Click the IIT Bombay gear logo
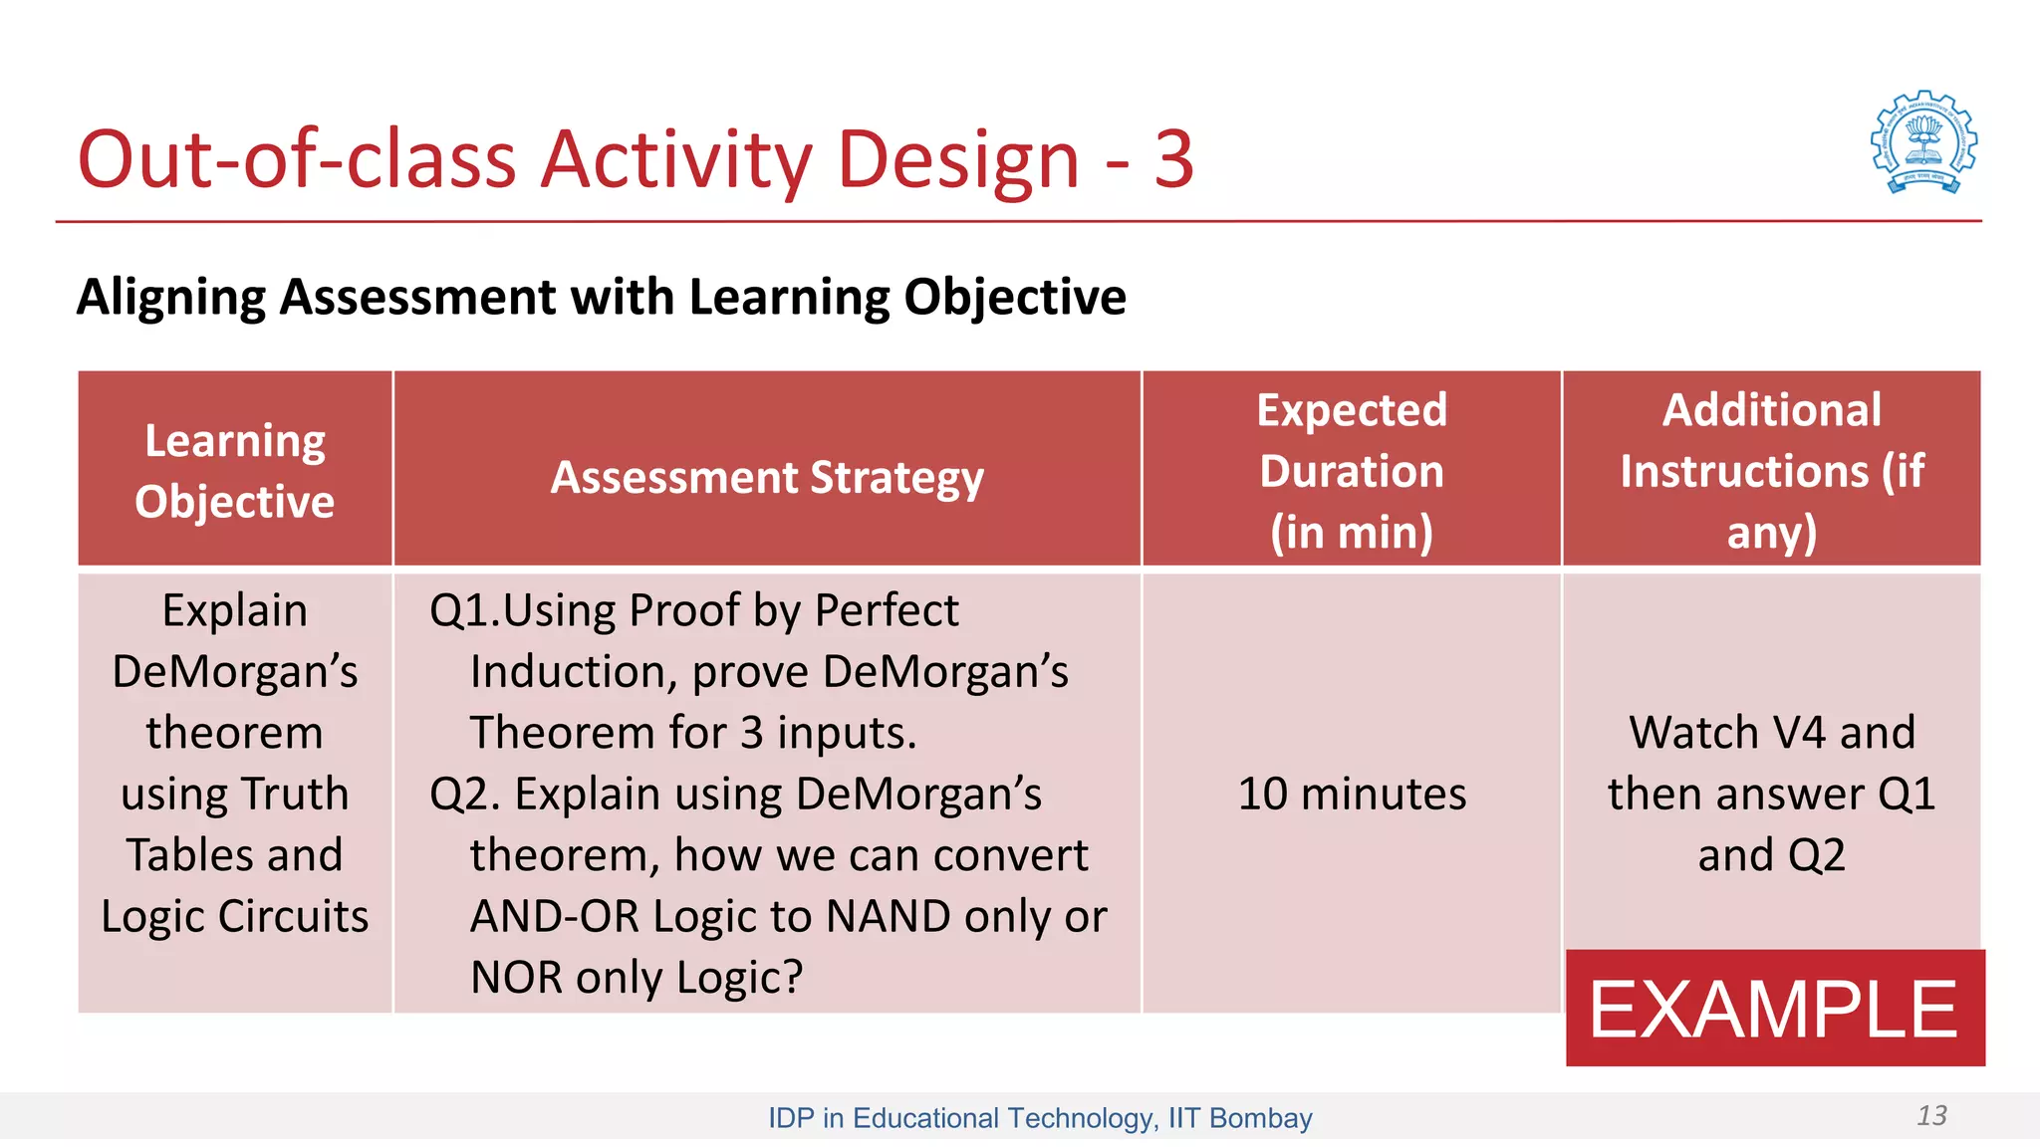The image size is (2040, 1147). (x=1923, y=142)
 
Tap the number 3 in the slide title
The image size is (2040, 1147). (x=1173, y=159)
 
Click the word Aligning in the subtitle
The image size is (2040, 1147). (x=170, y=297)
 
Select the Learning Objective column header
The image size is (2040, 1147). (x=235, y=470)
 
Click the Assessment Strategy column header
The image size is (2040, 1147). (x=767, y=477)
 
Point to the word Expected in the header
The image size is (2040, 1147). (x=1352, y=410)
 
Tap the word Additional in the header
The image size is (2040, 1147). (x=1771, y=410)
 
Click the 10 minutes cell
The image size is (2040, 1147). (x=1352, y=794)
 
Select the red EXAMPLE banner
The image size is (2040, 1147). (x=1774, y=1009)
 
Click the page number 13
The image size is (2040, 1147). (x=1931, y=1115)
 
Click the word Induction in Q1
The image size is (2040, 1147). (x=573, y=672)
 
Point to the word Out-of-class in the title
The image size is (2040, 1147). (x=297, y=159)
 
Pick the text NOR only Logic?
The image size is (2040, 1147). (x=636, y=977)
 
